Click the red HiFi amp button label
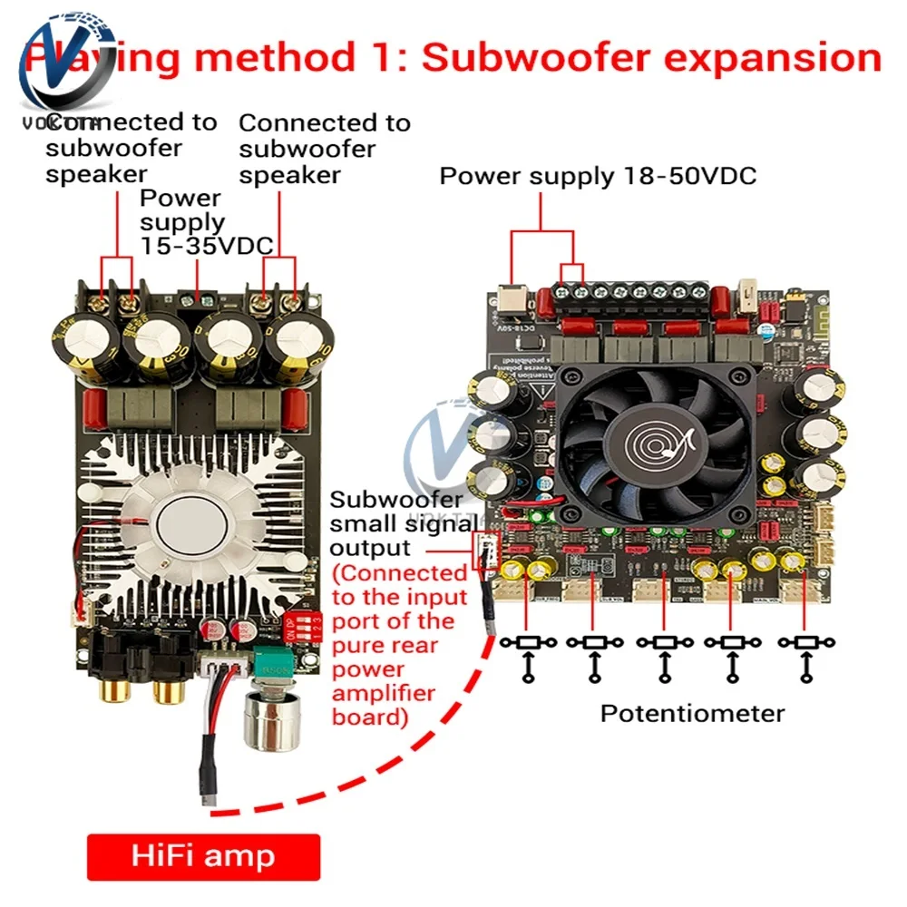(203, 856)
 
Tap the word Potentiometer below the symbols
(692, 713)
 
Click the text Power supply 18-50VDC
(598, 175)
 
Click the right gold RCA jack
(169, 694)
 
